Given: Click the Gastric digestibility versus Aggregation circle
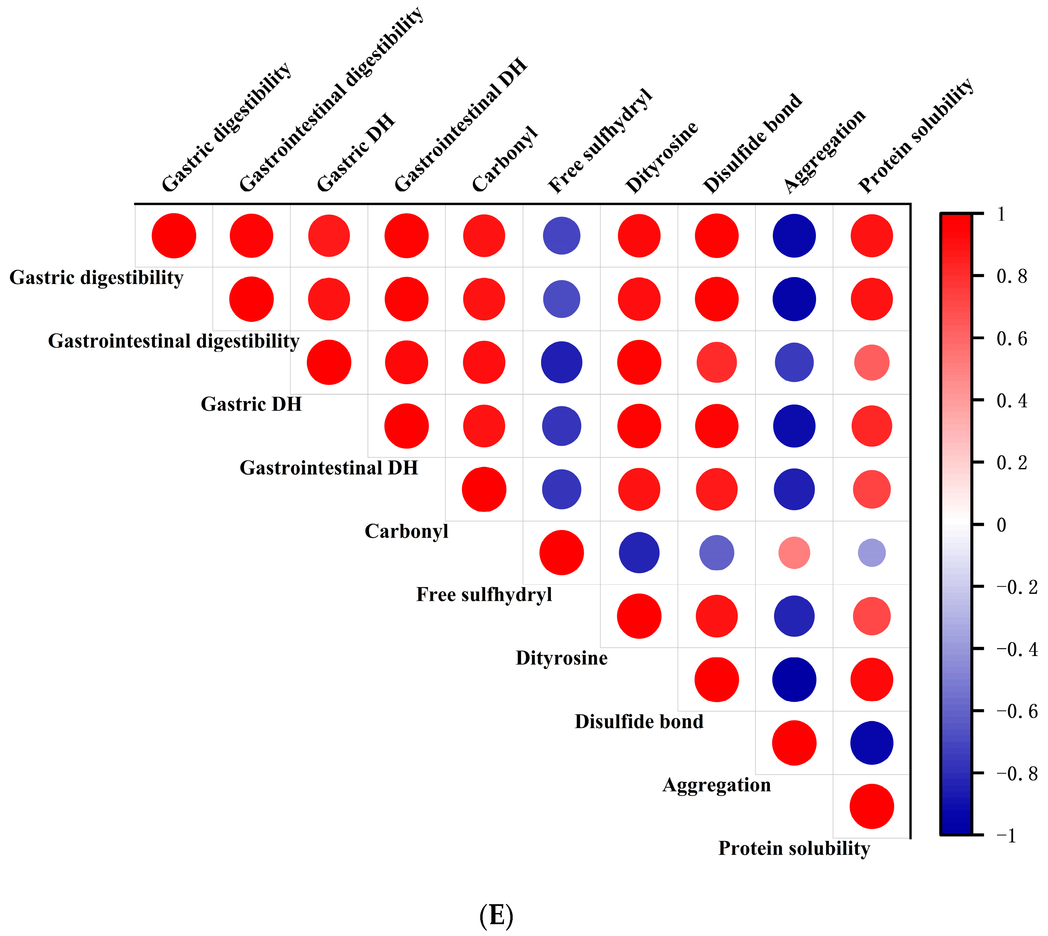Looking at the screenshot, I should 794,236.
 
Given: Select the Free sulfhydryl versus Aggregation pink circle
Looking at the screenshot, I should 794,553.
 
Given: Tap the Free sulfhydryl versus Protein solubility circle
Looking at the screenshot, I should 872,553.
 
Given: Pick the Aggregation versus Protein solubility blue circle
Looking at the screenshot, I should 872,743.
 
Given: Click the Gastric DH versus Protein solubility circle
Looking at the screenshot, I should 872,362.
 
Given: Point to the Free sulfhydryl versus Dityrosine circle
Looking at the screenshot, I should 639,553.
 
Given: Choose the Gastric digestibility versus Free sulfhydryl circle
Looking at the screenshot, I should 561,236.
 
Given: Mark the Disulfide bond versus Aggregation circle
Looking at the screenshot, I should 794,679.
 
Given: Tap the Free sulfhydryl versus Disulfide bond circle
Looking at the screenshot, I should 716,553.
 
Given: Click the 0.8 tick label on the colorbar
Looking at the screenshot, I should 1012,277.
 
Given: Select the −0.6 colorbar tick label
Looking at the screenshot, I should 1017,711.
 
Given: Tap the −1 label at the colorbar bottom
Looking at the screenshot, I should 1006,836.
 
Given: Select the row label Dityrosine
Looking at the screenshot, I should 561,658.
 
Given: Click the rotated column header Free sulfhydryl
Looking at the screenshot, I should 600,141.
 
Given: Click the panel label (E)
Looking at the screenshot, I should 496,915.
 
